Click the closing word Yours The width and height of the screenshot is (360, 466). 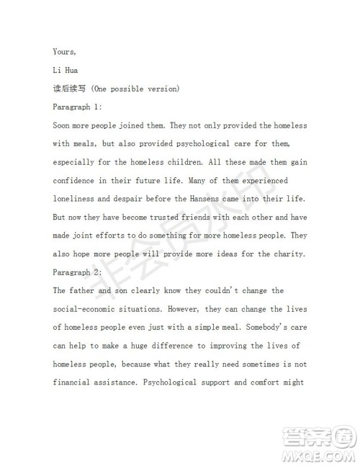click(66, 51)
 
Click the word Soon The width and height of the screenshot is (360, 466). click(63, 125)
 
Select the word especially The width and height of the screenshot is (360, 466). click(77, 162)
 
